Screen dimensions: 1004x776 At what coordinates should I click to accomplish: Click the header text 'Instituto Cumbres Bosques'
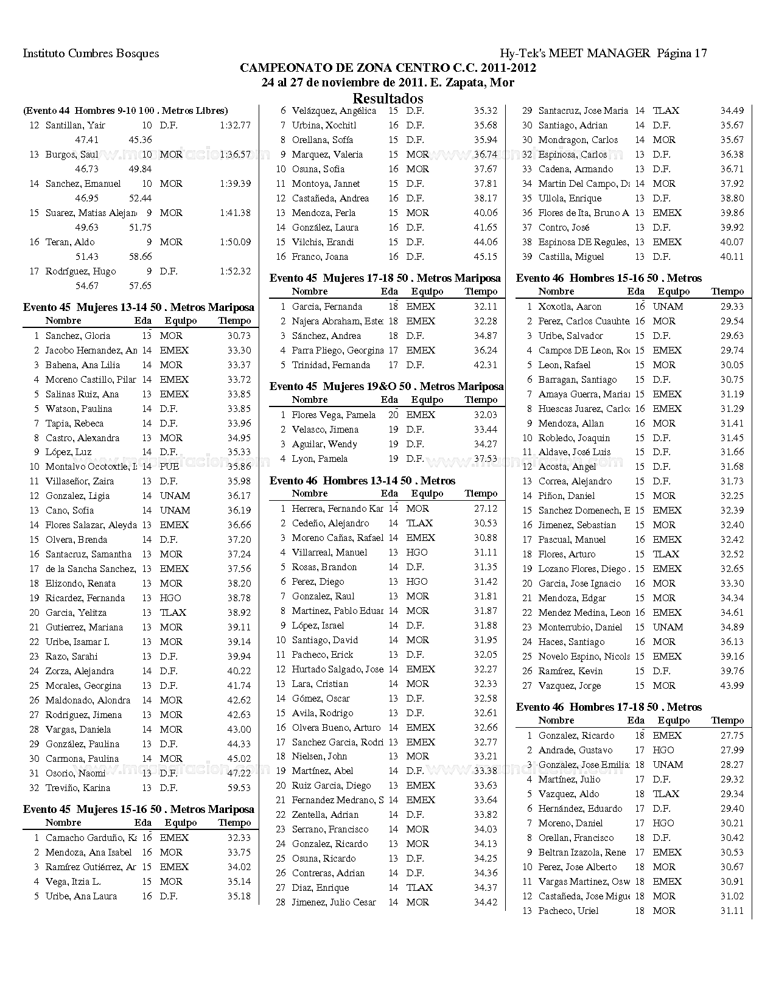(91, 54)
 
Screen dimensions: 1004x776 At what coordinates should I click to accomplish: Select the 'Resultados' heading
(388, 98)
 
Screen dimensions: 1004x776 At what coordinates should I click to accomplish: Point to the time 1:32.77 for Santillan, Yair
(235, 125)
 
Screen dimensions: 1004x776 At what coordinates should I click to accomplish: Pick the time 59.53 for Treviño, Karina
(239, 788)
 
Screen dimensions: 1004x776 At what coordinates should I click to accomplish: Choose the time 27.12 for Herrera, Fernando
(485, 509)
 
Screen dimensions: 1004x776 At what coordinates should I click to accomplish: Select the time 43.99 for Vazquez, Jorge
(732, 686)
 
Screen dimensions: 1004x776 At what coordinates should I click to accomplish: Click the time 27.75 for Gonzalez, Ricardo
(732, 736)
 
